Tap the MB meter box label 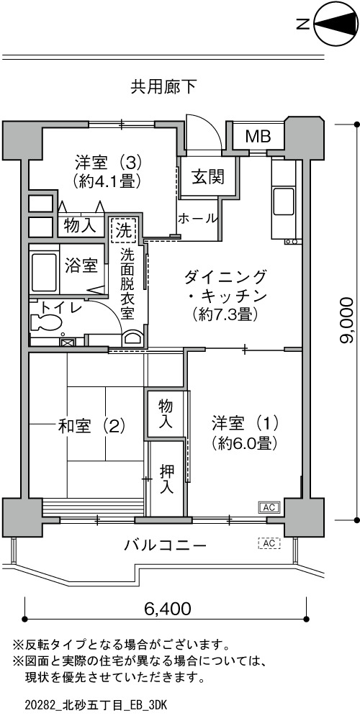(258, 137)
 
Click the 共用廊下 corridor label (163, 87)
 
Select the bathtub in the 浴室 (43, 271)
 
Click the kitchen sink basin (284, 201)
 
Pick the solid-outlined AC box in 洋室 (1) (269, 507)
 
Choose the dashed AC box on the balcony (269, 543)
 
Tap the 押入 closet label (167, 479)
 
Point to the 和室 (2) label (91, 426)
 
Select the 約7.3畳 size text (225, 314)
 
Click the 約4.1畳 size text (107, 182)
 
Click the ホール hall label (197, 218)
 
